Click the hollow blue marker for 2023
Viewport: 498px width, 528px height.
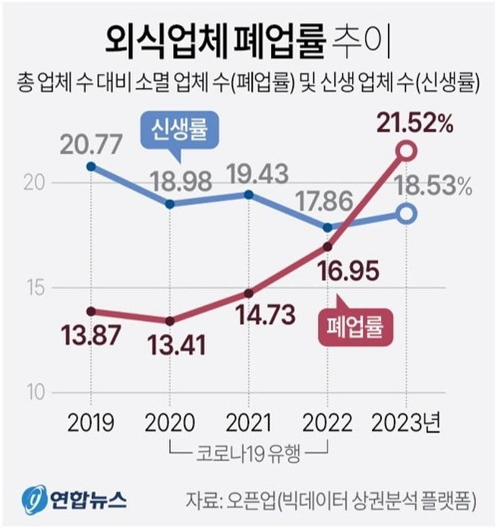(406, 214)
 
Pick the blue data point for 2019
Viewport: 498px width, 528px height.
(91, 166)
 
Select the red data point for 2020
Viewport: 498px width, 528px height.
(170, 321)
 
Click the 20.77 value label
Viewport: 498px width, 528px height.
(91, 147)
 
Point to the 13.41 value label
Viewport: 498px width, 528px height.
(170, 343)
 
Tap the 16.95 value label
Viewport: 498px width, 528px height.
(327, 271)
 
